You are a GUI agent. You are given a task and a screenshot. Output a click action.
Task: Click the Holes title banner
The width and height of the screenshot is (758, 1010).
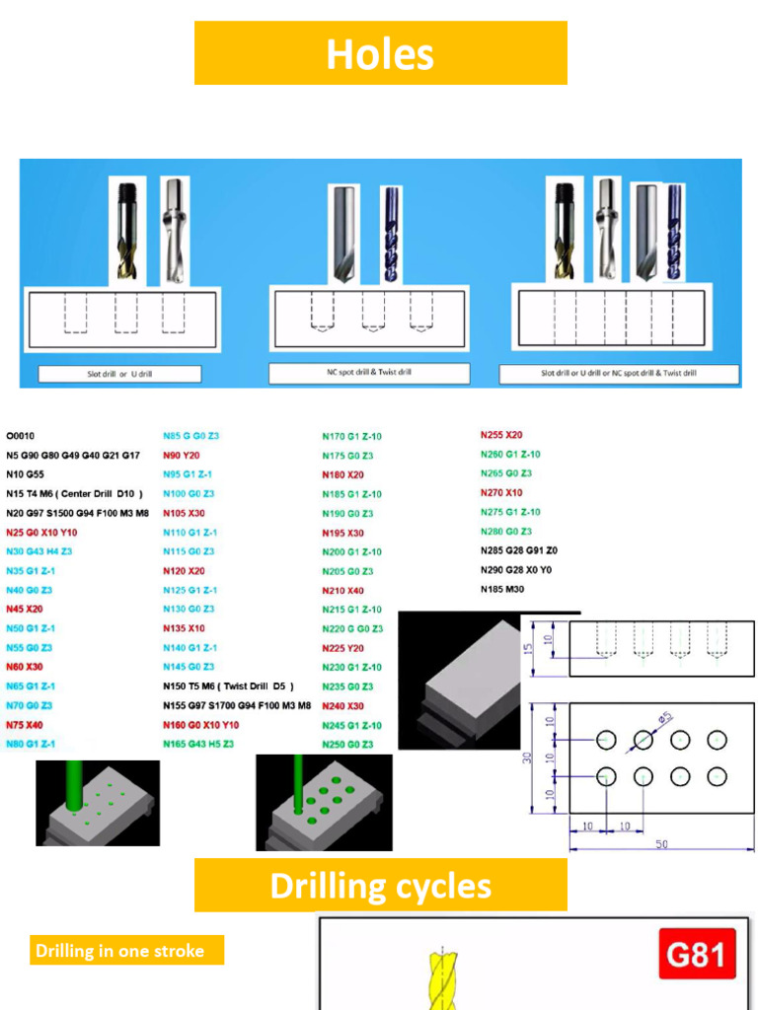pyautogui.click(x=380, y=53)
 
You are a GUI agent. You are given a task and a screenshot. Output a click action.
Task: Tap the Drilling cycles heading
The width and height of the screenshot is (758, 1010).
pyautogui.click(x=380, y=885)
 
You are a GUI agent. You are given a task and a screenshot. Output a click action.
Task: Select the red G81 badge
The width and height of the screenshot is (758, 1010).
pyautogui.click(x=696, y=955)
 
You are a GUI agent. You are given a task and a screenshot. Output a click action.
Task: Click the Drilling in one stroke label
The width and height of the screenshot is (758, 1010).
pyautogui.click(x=120, y=951)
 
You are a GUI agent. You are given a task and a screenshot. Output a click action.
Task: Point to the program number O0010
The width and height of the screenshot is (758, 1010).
pyautogui.click(x=21, y=435)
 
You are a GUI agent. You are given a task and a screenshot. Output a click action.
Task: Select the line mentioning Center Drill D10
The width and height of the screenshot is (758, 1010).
pyautogui.click(x=75, y=493)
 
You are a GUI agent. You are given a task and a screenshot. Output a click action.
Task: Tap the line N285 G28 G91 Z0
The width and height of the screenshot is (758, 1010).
pyautogui.click(x=519, y=550)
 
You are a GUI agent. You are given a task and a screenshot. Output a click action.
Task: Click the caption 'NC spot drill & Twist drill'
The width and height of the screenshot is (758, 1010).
pyautogui.click(x=370, y=373)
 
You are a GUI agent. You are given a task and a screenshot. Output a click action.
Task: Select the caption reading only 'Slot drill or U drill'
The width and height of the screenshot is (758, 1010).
pyautogui.click(x=119, y=375)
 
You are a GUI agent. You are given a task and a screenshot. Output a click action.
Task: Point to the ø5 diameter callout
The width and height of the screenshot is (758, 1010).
pyautogui.click(x=665, y=717)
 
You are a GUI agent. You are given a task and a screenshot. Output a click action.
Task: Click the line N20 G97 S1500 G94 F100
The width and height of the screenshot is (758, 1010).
pyautogui.click(x=77, y=513)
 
